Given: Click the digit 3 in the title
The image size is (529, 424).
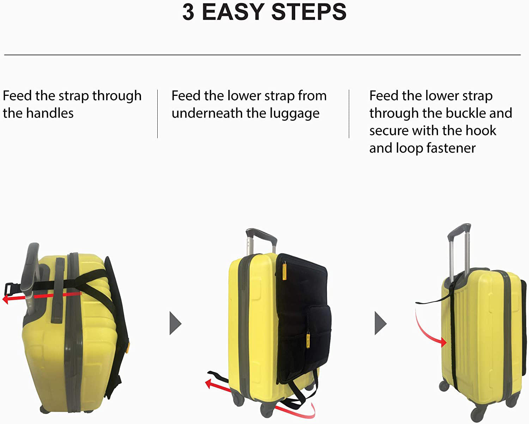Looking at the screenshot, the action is pos(188,12).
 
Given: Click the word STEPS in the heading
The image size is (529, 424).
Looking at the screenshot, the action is pos(309,12).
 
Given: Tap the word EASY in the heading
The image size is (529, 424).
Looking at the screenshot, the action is pos(233,12).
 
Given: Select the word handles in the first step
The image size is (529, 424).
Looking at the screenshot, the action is pos(50,113).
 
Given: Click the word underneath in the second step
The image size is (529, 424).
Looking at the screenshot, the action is pos(207,113).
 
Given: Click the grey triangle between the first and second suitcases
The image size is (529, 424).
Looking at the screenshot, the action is pos(175,323).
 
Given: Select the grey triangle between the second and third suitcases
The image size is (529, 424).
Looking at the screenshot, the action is pos(380,323).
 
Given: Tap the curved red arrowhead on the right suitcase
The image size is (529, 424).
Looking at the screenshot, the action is pos(443,342).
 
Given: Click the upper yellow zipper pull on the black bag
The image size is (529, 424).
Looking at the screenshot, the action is pos(284,272).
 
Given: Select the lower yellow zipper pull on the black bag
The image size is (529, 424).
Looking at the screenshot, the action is pos(308,340).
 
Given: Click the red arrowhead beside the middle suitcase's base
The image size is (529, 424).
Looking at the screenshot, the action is pos(209,384).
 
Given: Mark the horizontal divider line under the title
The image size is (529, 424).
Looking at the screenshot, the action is pos(262,55).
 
